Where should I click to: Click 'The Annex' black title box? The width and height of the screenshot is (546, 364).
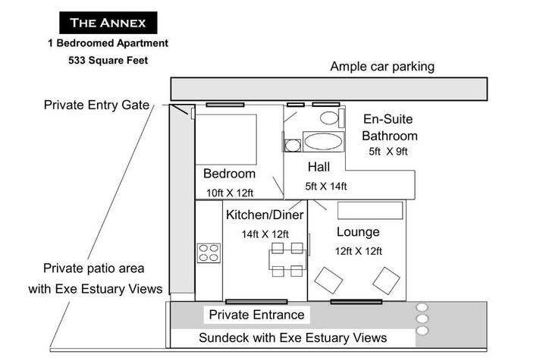pos(108,23)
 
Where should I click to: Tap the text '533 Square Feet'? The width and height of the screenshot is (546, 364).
pos(108,60)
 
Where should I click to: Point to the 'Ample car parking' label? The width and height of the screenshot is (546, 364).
pos(382,67)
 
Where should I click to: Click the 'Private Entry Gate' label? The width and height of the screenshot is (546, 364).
pos(96,105)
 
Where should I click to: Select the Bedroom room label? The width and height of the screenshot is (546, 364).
pos(229,174)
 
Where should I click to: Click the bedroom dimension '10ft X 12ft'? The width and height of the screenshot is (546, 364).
pos(230,193)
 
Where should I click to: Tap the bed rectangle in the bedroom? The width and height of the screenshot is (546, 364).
pos(226,140)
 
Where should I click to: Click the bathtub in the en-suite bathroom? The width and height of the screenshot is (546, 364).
pos(323,142)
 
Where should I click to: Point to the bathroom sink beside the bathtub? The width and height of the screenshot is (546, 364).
pos(293,146)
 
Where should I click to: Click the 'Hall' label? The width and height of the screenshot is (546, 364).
pos(318,167)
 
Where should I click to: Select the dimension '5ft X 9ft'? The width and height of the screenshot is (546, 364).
pos(388,152)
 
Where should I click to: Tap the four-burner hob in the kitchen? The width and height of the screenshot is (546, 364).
pos(209,253)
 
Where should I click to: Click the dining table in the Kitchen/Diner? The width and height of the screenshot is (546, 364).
pos(287,259)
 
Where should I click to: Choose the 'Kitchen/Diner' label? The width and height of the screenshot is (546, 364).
pos(265,215)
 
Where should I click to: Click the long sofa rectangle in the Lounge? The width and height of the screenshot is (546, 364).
pos(370,210)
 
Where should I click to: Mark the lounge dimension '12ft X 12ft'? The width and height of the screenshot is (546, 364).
pos(358,251)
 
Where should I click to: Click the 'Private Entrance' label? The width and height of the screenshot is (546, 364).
pos(256,315)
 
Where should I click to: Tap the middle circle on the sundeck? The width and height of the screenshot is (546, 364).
pos(422,318)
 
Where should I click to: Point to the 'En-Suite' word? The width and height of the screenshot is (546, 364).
pos(388,119)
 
